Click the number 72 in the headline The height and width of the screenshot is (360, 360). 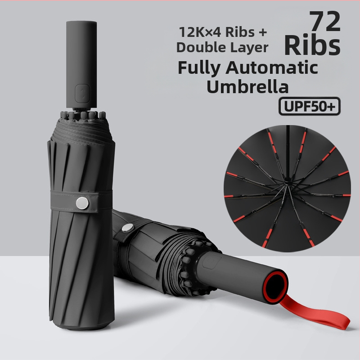point(324,22)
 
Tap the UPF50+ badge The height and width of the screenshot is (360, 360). point(310,106)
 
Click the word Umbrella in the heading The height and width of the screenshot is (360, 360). point(247,86)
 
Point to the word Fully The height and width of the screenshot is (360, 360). point(199,68)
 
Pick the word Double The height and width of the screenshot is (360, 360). point(201,47)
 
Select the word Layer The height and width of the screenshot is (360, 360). point(249,48)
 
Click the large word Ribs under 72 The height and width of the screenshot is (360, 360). point(312,45)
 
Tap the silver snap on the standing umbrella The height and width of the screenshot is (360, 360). point(82,203)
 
